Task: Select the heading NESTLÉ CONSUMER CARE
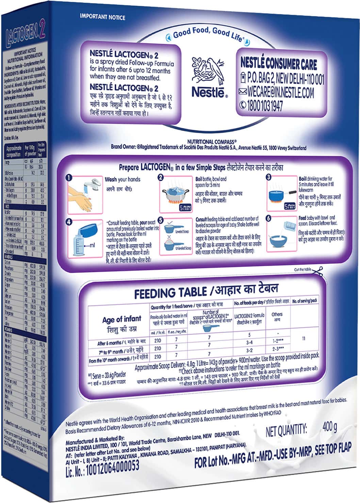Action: tap(278, 63)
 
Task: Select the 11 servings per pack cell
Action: tap(304, 338)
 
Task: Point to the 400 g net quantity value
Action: tap(329, 426)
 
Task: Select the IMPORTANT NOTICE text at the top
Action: tap(102, 17)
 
